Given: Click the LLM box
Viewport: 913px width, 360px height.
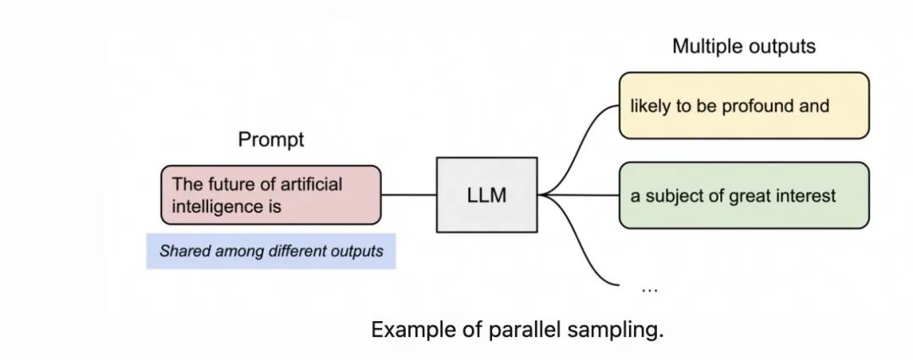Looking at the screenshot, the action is pos(487,194).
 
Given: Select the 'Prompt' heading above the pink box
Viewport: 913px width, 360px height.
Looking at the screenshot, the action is pos(271,139).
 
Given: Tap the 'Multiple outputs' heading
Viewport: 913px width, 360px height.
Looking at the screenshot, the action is pos(744,46).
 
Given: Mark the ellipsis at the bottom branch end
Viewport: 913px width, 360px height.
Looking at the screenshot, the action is pos(649,290).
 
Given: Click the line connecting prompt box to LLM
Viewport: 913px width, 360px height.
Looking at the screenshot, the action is pos(409,194).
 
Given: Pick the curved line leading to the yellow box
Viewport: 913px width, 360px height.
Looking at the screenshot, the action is pos(577,149).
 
